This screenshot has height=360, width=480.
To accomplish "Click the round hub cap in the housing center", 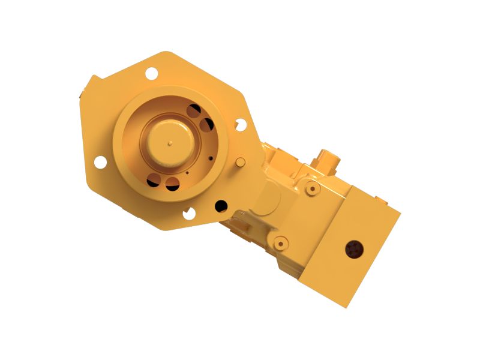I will [170, 143].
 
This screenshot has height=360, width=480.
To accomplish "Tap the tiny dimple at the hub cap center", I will [170, 143].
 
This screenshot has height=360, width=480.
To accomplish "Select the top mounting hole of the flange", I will [151, 73].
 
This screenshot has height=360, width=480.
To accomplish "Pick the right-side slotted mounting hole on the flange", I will [241, 125].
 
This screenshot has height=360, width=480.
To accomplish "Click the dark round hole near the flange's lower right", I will [221, 205].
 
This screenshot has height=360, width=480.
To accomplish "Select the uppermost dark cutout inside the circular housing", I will [194, 111].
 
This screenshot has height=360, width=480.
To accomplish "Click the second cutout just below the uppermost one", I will [206, 125].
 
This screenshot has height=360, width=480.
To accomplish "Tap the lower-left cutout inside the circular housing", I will [154, 179].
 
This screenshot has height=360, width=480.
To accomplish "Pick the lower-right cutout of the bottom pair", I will [172, 184].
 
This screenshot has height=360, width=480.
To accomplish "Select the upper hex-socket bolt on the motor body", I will [310, 189].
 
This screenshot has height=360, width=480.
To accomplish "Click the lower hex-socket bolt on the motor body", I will [280, 242].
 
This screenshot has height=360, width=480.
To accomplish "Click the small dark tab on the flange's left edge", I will [80, 94].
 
